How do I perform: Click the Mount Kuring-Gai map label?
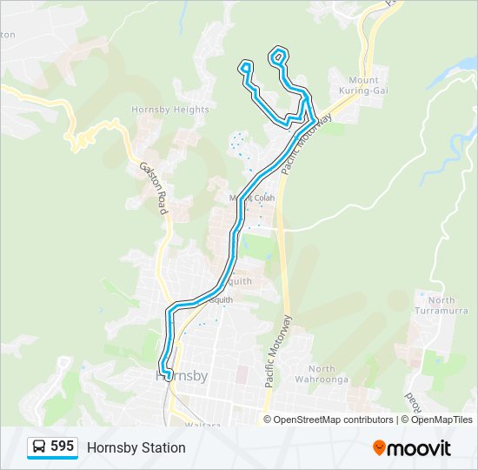tap(363, 84)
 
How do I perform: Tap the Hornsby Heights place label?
tap(170, 110)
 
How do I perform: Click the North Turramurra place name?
tap(441, 306)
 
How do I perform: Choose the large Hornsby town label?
tap(182, 377)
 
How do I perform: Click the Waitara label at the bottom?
tap(204, 424)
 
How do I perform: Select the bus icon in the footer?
tap(39, 447)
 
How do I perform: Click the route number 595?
tap(62, 446)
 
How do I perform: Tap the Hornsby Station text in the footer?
tap(136, 447)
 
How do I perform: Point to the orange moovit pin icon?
tap(380, 447)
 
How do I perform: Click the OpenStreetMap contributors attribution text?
tap(334, 420)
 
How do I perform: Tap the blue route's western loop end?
tap(246, 65)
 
